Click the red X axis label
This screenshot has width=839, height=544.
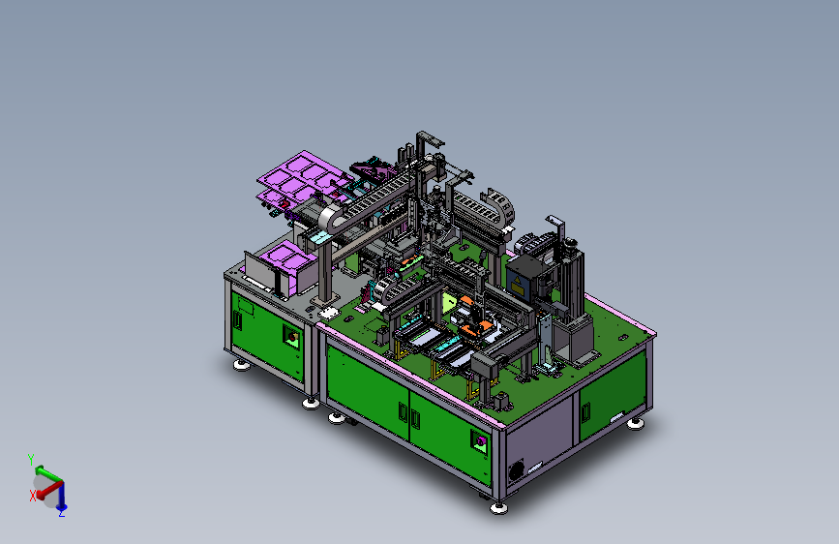(x=33, y=496)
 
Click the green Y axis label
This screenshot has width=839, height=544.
(x=31, y=460)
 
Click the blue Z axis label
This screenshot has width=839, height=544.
(x=62, y=513)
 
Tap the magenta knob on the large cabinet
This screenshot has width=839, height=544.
(x=481, y=441)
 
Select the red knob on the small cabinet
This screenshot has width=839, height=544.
(x=292, y=337)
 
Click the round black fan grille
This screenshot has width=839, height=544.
(x=516, y=471)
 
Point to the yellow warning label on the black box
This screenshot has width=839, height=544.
(x=518, y=287)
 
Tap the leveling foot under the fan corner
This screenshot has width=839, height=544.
(x=498, y=507)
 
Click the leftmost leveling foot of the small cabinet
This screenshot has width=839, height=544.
(x=242, y=365)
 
